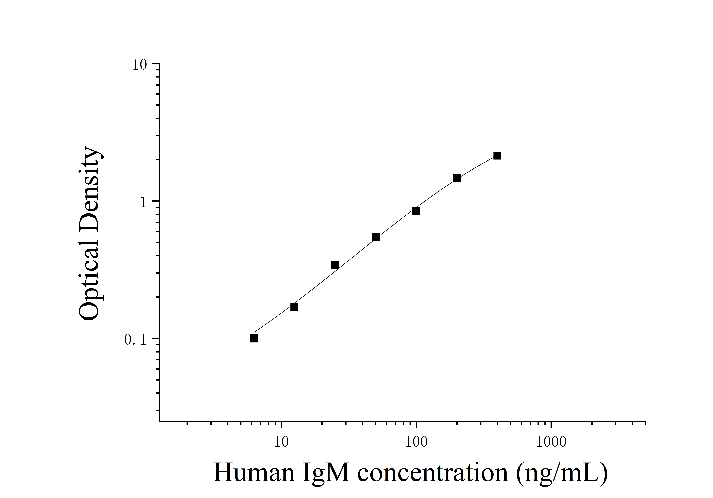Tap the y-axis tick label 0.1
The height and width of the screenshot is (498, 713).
pos(135,340)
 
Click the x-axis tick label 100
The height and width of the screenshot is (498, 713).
pos(416,442)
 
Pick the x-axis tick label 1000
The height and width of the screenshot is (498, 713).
pos(551,442)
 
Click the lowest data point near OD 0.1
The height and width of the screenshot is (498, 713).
pos(254,338)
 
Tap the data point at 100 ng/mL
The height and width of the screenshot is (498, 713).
pos(416,211)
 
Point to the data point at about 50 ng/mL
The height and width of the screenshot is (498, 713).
pos(375,237)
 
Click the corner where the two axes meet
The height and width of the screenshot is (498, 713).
pos(160,422)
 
